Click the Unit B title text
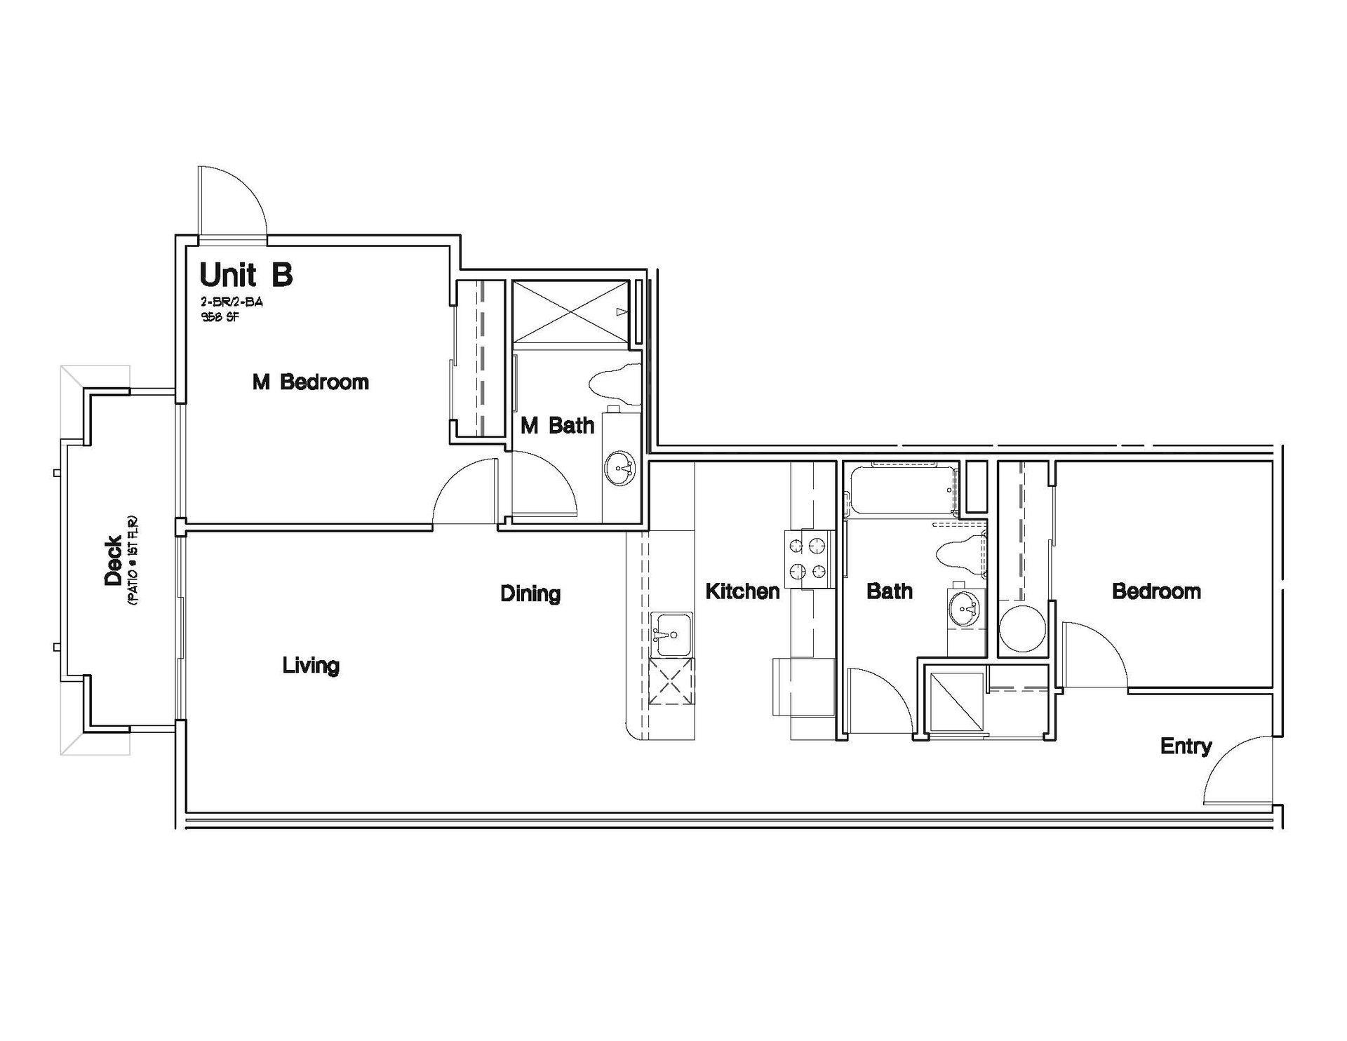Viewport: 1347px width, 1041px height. [x=246, y=274]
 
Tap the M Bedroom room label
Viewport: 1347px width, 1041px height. [x=310, y=382]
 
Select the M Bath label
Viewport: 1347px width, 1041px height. [x=557, y=425]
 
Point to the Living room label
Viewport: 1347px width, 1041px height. [x=311, y=666]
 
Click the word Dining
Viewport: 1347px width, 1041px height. [x=530, y=594]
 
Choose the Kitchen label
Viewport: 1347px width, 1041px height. [x=742, y=591]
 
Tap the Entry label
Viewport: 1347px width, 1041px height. [x=1186, y=746]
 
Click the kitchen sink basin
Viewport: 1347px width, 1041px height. [x=672, y=635]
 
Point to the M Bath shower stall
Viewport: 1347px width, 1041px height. [x=570, y=311]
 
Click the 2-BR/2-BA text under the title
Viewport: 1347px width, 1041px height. [x=232, y=302]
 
